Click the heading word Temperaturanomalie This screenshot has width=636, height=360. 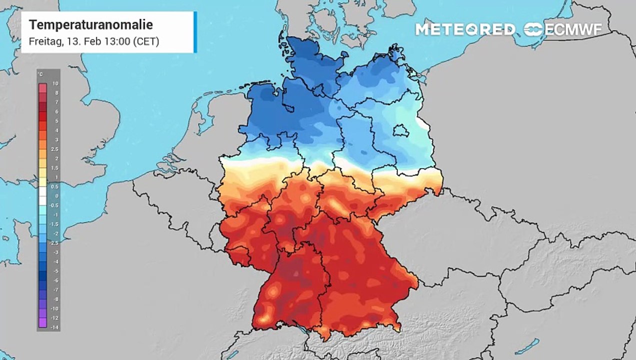[91, 24]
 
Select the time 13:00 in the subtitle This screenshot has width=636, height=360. [116, 41]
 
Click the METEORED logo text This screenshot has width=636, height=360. [465, 29]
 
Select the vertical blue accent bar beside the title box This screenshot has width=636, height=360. [195, 32]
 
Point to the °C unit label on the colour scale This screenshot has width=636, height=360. [40, 75]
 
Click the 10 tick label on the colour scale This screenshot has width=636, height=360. [56, 84]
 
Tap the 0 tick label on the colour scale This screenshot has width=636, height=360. [56, 196]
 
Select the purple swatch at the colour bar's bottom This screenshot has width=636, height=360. [42, 322]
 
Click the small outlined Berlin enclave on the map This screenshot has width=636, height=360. [402, 131]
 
